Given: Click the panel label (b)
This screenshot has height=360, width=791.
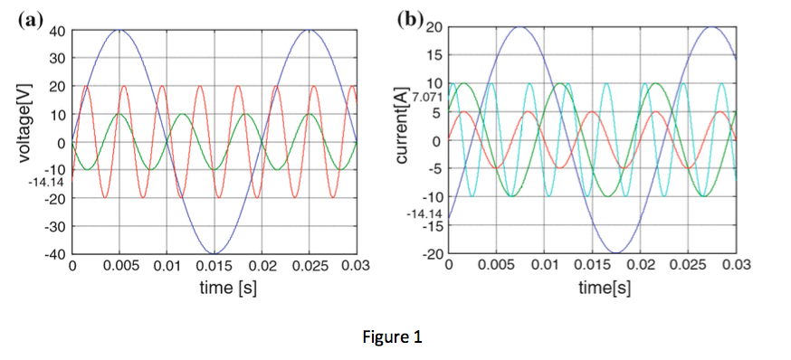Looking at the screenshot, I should click(410, 19).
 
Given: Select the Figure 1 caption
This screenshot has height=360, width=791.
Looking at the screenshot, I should click(392, 336).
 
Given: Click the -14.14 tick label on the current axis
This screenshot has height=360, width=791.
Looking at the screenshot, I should click(424, 213).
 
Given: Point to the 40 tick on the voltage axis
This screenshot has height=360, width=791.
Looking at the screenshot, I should click(58, 31).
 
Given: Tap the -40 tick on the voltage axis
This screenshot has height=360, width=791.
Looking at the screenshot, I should click(55, 253).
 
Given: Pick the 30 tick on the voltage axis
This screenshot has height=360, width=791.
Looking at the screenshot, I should click(58, 59).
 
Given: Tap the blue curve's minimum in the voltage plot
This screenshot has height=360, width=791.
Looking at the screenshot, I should click(214, 253).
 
